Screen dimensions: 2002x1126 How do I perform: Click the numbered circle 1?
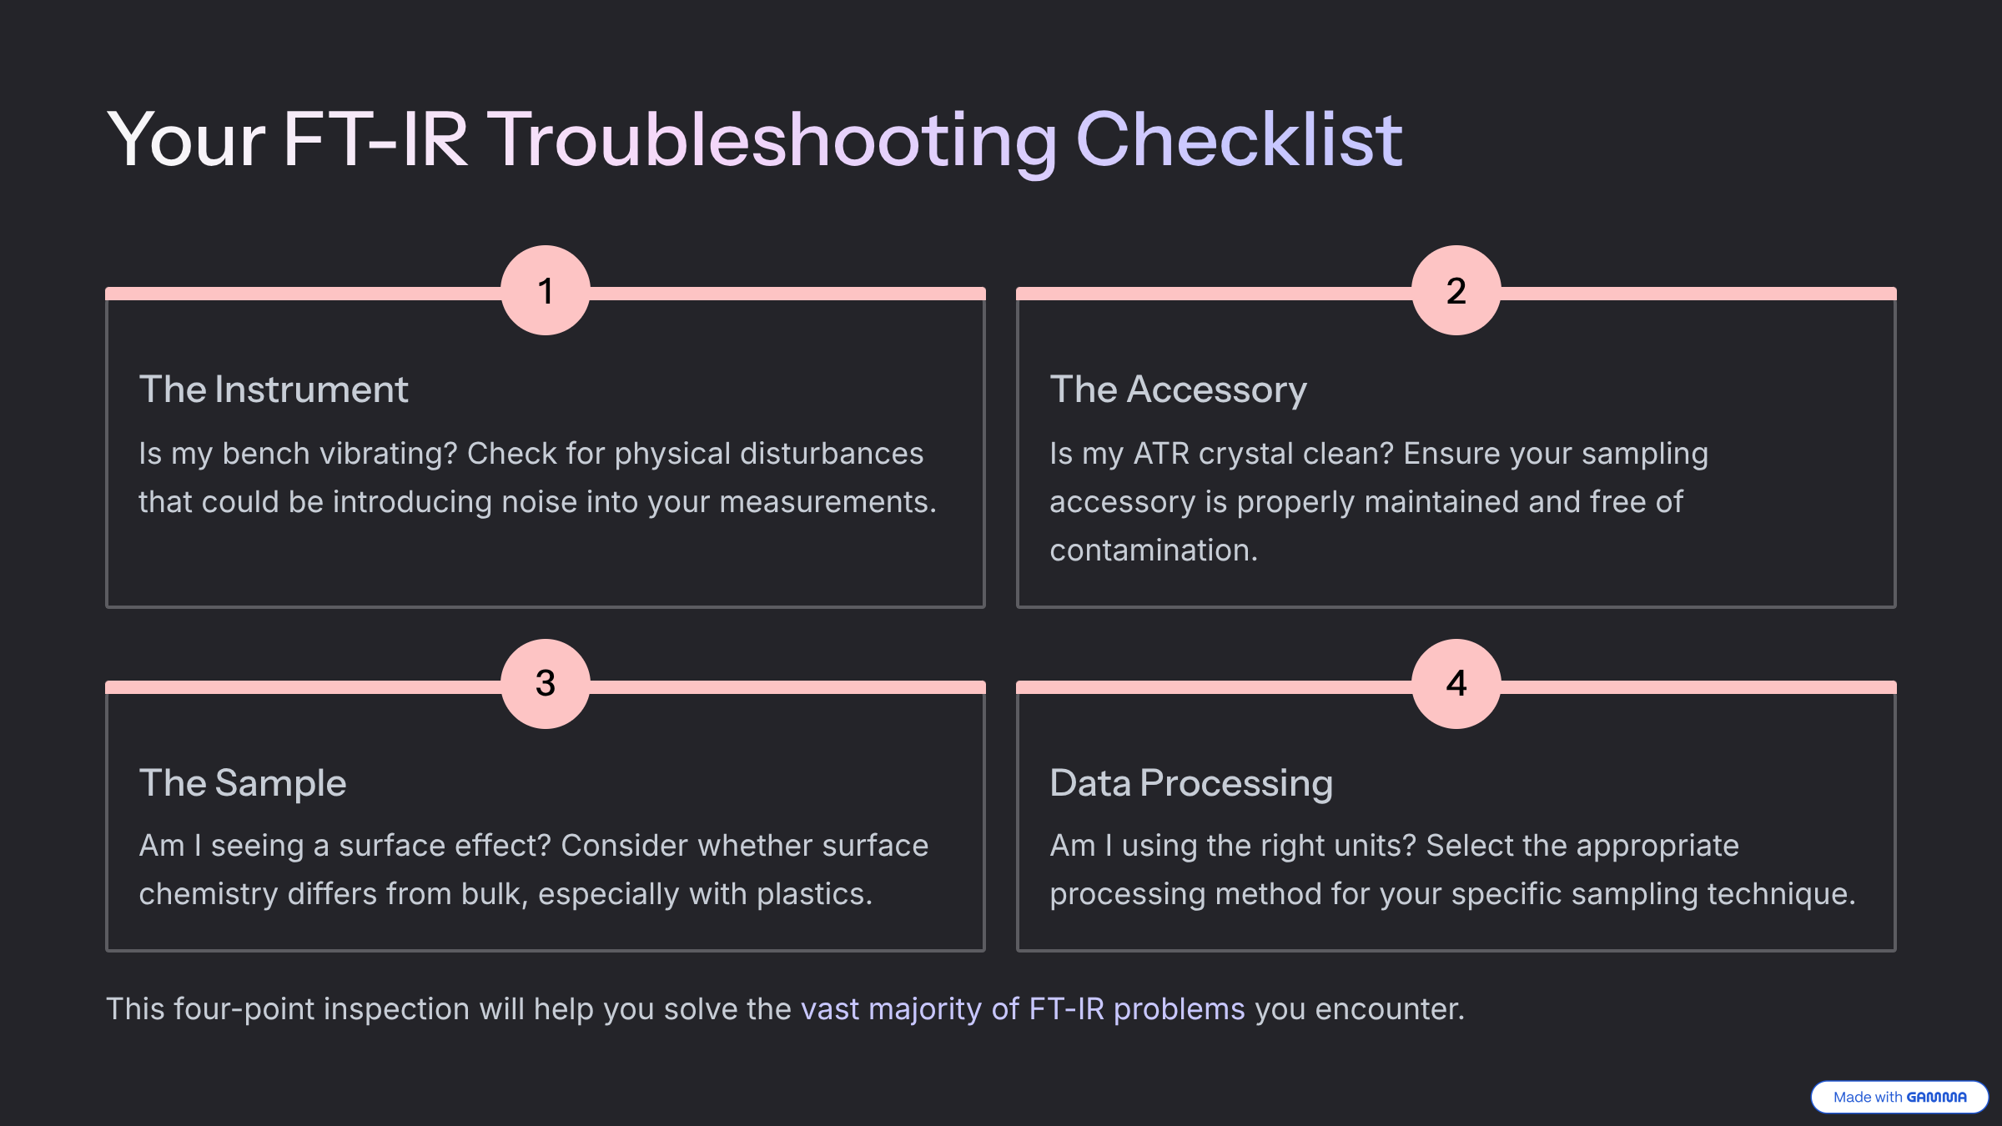click(x=546, y=290)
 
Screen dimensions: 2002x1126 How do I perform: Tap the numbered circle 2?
click(x=1456, y=290)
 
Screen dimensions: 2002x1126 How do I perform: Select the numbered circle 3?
click(x=546, y=684)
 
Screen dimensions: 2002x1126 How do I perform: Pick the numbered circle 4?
click(x=1456, y=684)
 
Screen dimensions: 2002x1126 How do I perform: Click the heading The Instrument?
click(x=274, y=390)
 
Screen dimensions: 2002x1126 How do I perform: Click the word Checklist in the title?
click(x=1240, y=139)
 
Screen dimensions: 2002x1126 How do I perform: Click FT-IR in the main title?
click(x=375, y=140)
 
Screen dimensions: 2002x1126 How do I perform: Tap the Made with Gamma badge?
click(x=1899, y=1097)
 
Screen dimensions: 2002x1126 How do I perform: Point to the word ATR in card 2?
click(x=1161, y=454)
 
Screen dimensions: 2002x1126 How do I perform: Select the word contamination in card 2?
click(x=1154, y=550)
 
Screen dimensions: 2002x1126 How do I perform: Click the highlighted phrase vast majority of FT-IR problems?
click(x=1023, y=1009)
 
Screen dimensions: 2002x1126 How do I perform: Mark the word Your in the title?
click(x=186, y=140)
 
